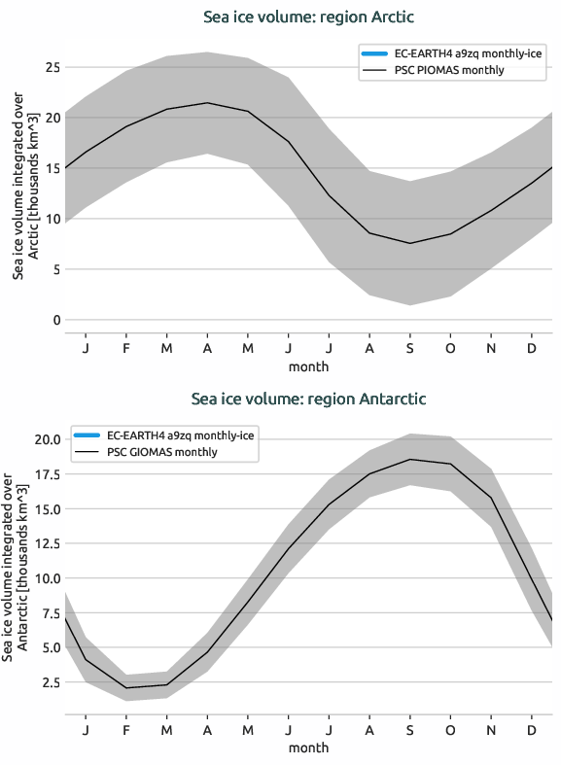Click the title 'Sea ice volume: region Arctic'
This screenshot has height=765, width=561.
(x=308, y=17)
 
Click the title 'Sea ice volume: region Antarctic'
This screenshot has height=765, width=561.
(x=308, y=399)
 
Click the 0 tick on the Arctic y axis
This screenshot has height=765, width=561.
(x=56, y=320)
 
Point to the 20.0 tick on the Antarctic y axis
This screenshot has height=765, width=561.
(x=45, y=439)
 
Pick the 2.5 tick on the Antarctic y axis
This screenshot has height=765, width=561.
(x=49, y=682)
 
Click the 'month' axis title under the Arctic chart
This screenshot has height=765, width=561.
(x=308, y=366)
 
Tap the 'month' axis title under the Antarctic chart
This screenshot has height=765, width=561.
(x=308, y=748)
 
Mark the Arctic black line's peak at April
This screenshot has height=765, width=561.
(x=207, y=103)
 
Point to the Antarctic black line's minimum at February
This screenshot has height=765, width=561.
(x=126, y=688)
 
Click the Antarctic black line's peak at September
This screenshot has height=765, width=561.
(x=410, y=460)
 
